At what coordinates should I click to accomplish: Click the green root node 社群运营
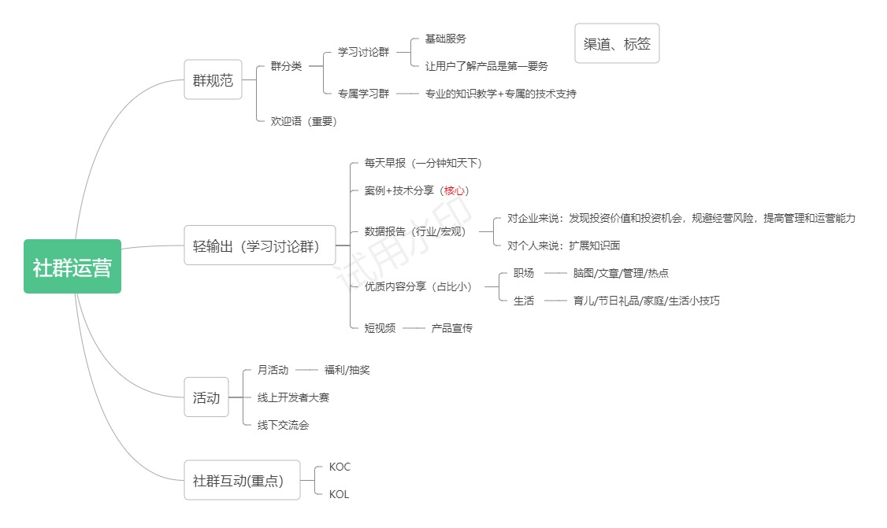pyautogui.click(x=72, y=266)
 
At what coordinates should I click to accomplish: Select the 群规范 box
pyautogui.click(x=213, y=79)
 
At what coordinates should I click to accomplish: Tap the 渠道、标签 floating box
pyautogui.click(x=617, y=43)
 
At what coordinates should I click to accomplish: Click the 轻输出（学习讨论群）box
pyautogui.click(x=260, y=246)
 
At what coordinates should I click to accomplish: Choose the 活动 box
pyautogui.click(x=206, y=397)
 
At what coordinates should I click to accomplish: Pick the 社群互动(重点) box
pyautogui.click(x=242, y=480)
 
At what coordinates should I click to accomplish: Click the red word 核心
pyautogui.click(x=455, y=190)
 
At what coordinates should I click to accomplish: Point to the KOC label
pyautogui.click(x=340, y=467)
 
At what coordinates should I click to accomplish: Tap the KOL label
pyautogui.click(x=339, y=494)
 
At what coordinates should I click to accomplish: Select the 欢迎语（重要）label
pyautogui.click(x=304, y=121)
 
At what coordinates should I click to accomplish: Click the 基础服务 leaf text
pyautogui.click(x=446, y=39)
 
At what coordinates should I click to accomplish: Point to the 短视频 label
pyautogui.click(x=380, y=328)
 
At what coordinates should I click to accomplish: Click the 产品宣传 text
pyautogui.click(x=451, y=328)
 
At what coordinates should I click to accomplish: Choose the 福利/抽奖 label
pyautogui.click(x=347, y=370)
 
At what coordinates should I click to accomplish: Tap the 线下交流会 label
pyautogui.click(x=283, y=425)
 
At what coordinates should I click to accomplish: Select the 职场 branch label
pyautogui.click(x=523, y=273)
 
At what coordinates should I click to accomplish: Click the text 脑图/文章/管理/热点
pyautogui.click(x=621, y=273)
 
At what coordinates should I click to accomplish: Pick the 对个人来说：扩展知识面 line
pyautogui.click(x=563, y=246)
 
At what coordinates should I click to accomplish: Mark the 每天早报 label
pyautogui.click(x=384, y=163)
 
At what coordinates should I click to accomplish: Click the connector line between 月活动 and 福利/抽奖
pyautogui.click(x=306, y=370)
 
